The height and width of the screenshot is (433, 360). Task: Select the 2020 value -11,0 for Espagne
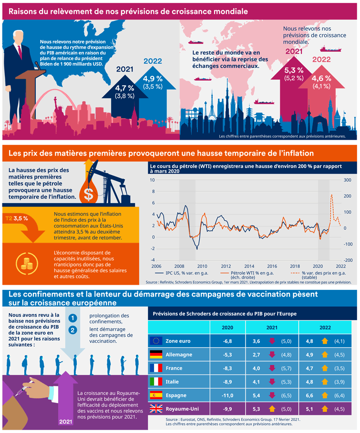tap(228, 395)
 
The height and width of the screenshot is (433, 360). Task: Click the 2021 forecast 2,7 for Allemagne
tap(256, 354)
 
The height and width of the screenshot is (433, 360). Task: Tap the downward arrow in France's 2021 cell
tap(271, 368)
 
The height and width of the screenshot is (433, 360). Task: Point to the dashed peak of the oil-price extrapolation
tap(331, 195)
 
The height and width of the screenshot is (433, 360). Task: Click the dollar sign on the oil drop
tap(88, 194)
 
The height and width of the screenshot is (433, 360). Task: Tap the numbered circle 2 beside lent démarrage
tap(72, 330)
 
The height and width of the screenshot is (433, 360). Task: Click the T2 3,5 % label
tap(17, 218)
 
